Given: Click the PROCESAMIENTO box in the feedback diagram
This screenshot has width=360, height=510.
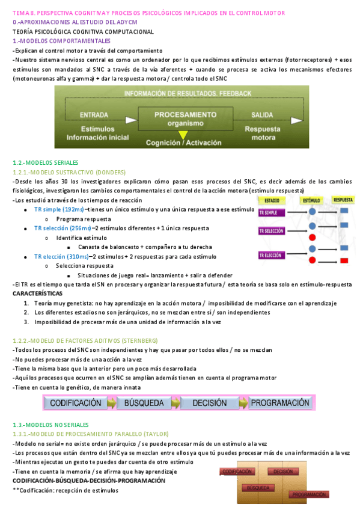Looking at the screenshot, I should [x=177, y=117].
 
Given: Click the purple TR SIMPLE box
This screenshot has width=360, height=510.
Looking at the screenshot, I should [x=271, y=213].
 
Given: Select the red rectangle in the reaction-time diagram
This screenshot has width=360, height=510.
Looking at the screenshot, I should [x=344, y=260].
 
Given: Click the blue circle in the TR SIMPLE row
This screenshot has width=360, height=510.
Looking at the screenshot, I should [x=312, y=212].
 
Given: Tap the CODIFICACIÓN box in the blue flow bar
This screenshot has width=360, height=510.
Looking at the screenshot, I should [x=75, y=403].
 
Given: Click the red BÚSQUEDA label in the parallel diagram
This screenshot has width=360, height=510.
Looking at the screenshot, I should [x=257, y=488].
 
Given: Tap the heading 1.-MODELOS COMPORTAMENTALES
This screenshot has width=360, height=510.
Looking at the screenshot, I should [x=58, y=41].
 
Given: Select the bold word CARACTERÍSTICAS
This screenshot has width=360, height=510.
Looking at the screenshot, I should [x=37, y=293].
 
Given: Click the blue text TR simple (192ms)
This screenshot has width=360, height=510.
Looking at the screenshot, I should [x=59, y=209].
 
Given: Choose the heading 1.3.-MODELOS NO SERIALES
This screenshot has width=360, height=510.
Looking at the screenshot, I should [x=50, y=425].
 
